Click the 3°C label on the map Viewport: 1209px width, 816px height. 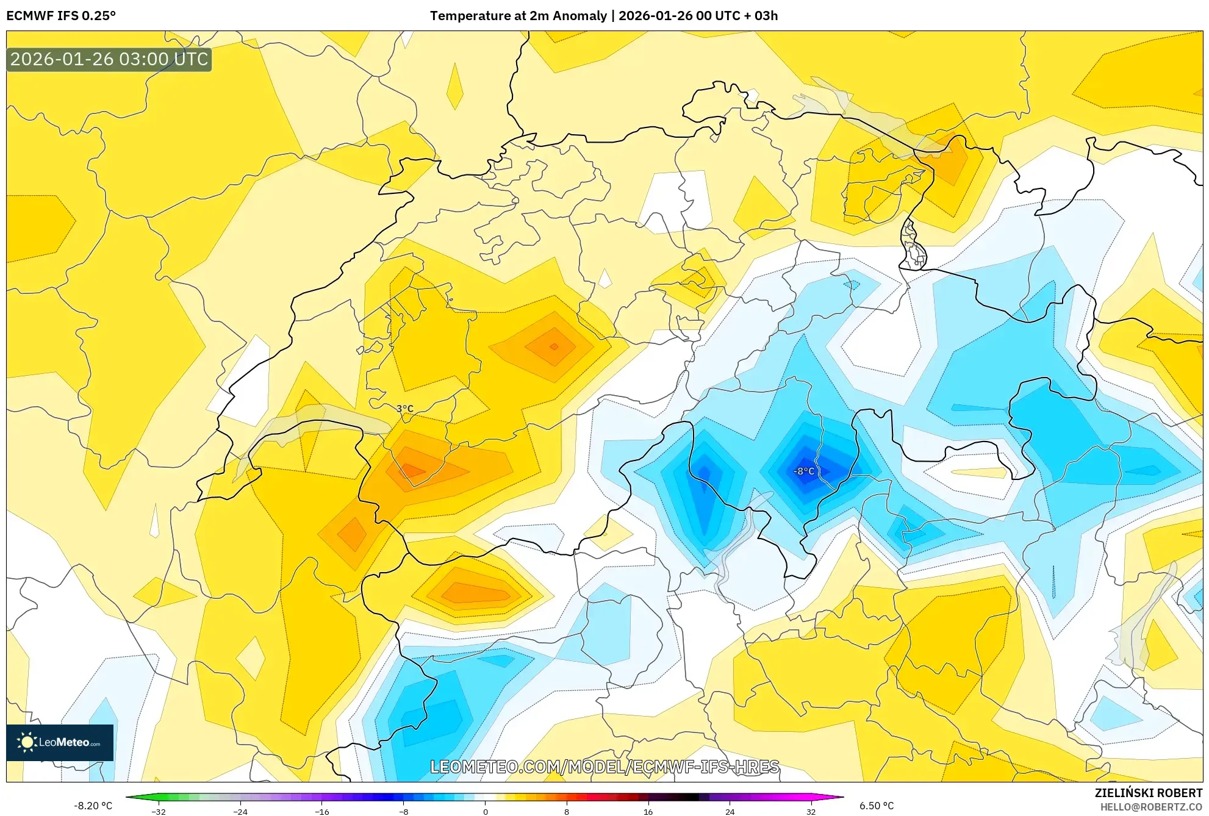(405, 409)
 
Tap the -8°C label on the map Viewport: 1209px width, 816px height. (804, 471)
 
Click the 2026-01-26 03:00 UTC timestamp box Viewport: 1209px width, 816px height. (109, 59)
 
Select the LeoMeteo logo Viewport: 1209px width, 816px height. (60, 742)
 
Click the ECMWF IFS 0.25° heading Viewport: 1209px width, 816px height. (61, 16)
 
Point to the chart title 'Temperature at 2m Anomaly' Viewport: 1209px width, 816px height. (518, 16)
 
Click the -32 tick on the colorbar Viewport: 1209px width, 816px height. (159, 811)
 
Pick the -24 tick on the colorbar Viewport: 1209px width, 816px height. (240, 811)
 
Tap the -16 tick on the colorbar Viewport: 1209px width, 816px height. (322, 811)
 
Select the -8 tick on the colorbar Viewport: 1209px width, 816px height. (404, 811)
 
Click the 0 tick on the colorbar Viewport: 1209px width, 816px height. (486, 811)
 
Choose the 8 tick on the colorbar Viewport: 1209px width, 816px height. (567, 811)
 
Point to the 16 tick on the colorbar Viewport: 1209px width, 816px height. (648, 811)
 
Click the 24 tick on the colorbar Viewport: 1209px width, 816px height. (730, 811)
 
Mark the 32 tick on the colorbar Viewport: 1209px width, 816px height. (811, 811)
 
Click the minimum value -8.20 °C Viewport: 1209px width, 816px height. (93, 806)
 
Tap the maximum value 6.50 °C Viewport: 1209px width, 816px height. (877, 806)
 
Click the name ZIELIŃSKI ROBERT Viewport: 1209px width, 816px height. (1149, 793)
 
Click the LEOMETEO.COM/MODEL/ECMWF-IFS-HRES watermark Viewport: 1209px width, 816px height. (604, 767)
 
